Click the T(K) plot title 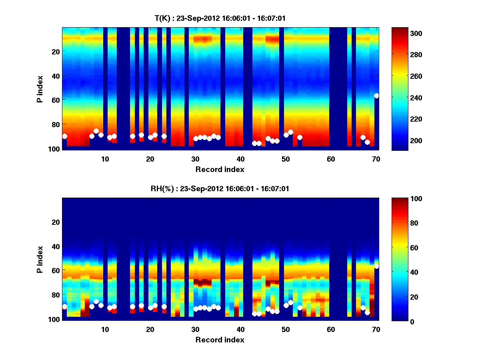coord(220,18)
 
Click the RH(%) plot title coord(220,188)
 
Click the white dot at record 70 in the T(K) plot coord(376,96)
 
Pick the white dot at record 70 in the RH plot coord(376,266)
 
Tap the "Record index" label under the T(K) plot coord(220,169)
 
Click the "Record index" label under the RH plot coord(220,340)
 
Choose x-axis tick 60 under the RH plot coord(331,329)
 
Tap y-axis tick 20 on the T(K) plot coord(55,51)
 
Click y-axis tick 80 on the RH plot coord(55,294)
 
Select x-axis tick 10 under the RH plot coord(105,329)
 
